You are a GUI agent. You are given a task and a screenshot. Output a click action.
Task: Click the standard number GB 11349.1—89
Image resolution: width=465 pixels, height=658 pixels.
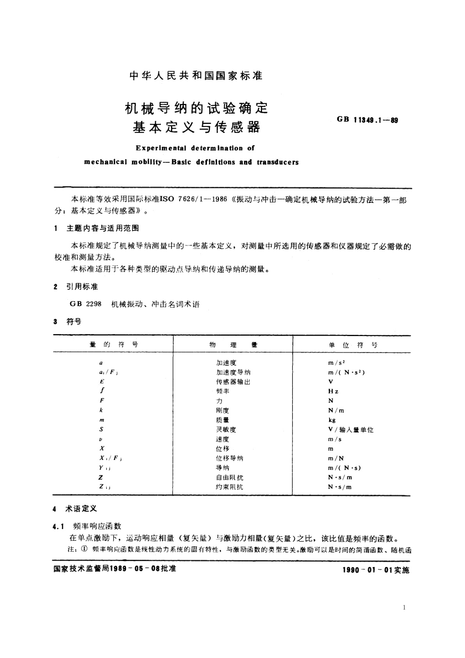[x=367, y=120]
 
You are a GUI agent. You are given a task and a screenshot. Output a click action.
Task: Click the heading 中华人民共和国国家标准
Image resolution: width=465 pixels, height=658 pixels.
[x=196, y=76]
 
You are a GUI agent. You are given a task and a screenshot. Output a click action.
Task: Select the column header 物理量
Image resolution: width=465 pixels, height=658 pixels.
[x=233, y=345]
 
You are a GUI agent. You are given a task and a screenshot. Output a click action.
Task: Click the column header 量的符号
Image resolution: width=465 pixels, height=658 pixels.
[x=114, y=344]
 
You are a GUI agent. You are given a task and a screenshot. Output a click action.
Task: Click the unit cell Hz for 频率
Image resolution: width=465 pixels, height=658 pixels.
[x=333, y=391]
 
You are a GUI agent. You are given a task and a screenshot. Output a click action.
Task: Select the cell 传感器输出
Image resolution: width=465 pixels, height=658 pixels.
[x=233, y=382]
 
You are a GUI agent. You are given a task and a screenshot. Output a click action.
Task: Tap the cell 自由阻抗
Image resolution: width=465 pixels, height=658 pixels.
[x=230, y=477]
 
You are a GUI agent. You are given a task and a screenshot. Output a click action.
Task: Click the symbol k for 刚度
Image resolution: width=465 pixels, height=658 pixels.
[x=101, y=410]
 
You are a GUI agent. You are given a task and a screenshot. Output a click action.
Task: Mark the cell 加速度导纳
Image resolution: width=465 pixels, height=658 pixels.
[x=233, y=372]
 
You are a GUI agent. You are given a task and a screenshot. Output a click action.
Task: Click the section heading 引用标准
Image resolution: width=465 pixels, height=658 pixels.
[x=82, y=287]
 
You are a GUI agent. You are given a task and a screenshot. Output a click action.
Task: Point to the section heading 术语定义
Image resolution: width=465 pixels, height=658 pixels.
[x=82, y=509]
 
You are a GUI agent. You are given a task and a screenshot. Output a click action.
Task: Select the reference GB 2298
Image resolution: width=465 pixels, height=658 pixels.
[x=86, y=304]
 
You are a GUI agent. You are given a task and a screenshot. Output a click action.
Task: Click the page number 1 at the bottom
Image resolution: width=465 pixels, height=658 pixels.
[x=404, y=607]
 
